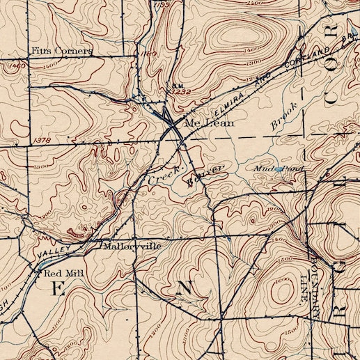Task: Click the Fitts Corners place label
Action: (x=62, y=52)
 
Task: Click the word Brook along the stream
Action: (x=283, y=114)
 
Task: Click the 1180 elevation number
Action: (x=148, y=53)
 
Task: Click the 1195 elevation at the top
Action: (x=163, y=4)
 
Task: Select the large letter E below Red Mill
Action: (x=58, y=291)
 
